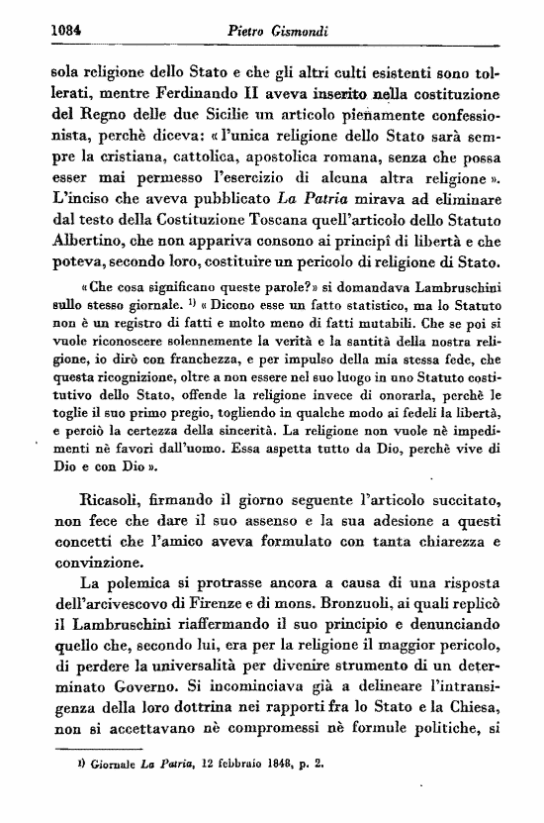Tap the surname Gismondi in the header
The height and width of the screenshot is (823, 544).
308,30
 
